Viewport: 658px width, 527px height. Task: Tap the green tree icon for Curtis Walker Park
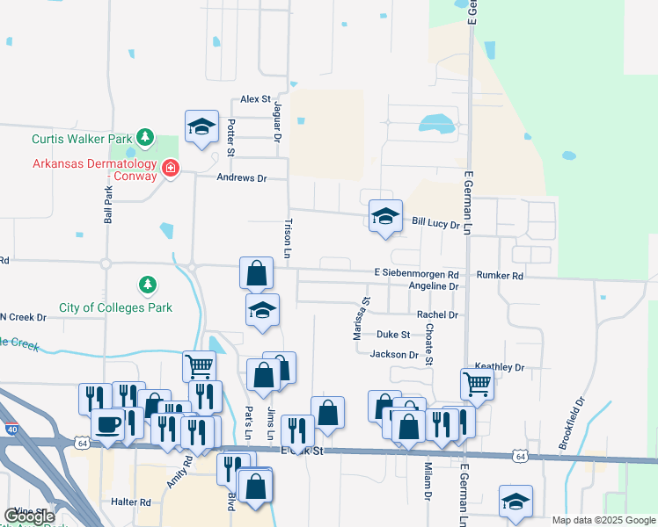144,139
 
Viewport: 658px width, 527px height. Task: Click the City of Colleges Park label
115,307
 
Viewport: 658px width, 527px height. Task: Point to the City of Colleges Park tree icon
148,285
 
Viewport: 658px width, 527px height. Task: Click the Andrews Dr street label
241,177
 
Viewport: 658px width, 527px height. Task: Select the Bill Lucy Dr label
436,225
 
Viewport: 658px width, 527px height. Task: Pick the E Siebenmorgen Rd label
416,274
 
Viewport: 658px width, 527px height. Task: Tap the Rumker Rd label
500,275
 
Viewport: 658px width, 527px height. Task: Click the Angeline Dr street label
428,286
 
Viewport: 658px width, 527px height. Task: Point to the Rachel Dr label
437,314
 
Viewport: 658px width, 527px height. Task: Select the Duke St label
393,335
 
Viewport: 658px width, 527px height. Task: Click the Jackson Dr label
394,355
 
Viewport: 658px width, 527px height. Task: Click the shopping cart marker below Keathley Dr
476,382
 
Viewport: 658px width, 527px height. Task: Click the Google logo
29,516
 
